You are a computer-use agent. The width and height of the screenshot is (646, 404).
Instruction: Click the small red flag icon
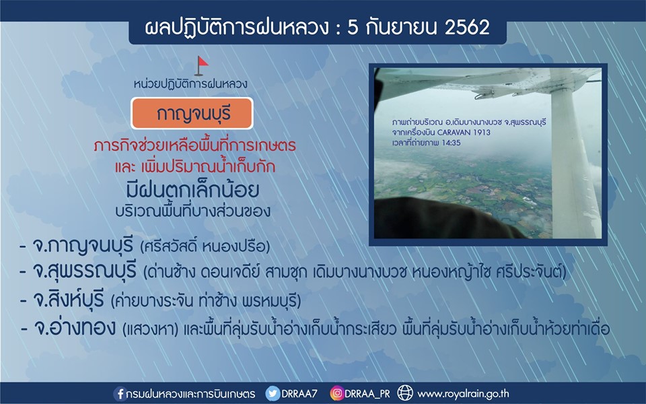click(201, 66)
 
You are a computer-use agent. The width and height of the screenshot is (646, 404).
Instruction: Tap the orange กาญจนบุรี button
click(192, 113)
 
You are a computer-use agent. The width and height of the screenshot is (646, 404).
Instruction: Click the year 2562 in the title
click(467, 28)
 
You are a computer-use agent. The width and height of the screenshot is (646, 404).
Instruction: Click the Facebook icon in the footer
click(120, 394)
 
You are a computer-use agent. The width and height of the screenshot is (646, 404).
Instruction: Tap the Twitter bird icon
click(273, 394)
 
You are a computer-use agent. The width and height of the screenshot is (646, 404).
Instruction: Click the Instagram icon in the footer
click(336, 394)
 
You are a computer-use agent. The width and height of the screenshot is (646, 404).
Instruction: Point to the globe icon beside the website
click(405, 393)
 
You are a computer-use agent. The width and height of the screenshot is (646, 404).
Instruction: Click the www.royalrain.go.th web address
click(464, 394)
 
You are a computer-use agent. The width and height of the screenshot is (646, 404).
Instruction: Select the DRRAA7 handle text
click(299, 394)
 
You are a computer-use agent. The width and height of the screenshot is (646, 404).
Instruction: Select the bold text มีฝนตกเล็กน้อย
click(193, 190)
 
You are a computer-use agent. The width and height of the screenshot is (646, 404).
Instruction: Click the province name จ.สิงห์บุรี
click(68, 300)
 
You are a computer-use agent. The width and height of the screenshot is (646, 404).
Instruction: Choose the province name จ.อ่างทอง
click(75, 328)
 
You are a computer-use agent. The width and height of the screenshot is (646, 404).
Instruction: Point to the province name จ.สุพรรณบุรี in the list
click(84, 271)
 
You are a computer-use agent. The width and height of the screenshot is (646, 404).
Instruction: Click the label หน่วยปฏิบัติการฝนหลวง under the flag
click(190, 84)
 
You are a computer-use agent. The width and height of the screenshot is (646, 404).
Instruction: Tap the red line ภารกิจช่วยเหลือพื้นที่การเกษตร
click(194, 145)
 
